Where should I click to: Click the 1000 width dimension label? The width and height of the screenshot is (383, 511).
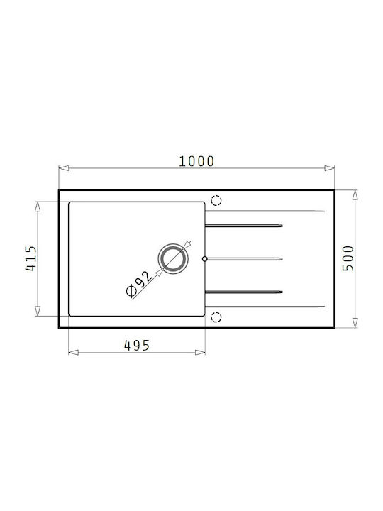(x=196, y=161)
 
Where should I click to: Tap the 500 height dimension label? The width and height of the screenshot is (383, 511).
(x=348, y=258)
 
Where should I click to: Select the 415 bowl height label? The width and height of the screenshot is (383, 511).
(x=31, y=258)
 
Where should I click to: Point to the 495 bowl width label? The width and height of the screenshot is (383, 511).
(x=137, y=346)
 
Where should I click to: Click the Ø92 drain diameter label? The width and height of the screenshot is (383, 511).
(x=139, y=284)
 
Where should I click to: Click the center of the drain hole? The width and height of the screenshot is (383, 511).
(x=173, y=259)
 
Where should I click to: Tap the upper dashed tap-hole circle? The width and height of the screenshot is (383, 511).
(x=216, y=200)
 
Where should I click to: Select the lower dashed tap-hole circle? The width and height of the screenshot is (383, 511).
(x=216, y=317)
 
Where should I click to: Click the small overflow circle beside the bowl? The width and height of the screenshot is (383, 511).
(x=204, y=259)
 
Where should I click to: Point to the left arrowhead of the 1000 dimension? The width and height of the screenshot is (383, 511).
(x=64, y=168)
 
